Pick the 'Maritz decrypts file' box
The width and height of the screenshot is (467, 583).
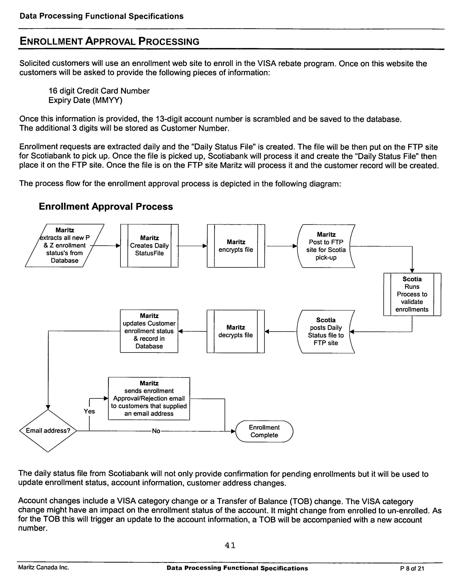tap(235, 331)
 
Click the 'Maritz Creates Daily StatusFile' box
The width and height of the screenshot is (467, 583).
tap(149, 246)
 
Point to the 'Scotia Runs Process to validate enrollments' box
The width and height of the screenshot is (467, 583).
tap(412, 294)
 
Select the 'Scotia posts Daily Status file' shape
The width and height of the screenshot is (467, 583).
tap(325, 331)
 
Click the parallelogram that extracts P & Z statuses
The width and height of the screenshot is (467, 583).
tap(64, 246)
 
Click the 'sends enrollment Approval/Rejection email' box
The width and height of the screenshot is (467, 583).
tap(149, 398)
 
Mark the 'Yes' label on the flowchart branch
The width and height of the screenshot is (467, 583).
tap(89, 411)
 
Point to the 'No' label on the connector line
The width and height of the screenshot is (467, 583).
tap(156, 431)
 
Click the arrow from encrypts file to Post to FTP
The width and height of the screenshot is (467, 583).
tap(281, 246)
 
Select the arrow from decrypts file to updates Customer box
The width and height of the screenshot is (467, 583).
tap(192, 331)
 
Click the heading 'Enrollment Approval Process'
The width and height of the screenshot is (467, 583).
tap(106, 207)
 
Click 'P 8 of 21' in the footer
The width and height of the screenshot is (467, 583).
tap(412, 568)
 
